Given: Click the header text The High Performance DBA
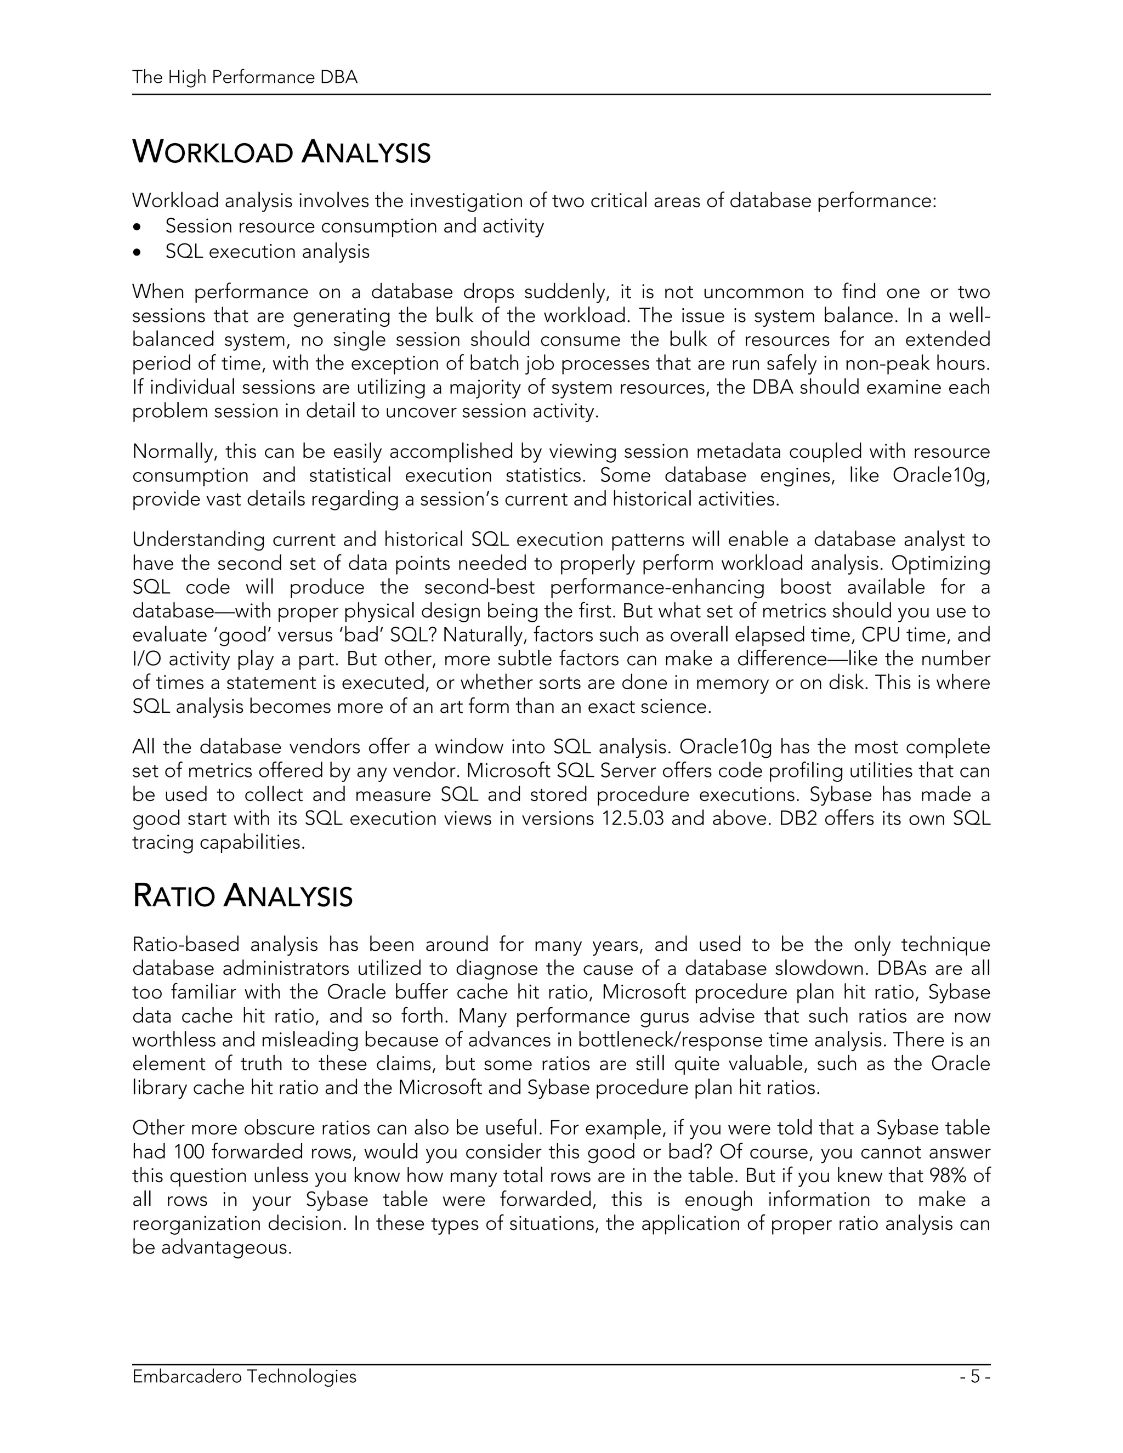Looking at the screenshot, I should pos(245,78).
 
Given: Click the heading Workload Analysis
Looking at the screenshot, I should pos(281,152).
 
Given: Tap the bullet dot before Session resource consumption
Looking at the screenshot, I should pos(138,228).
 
